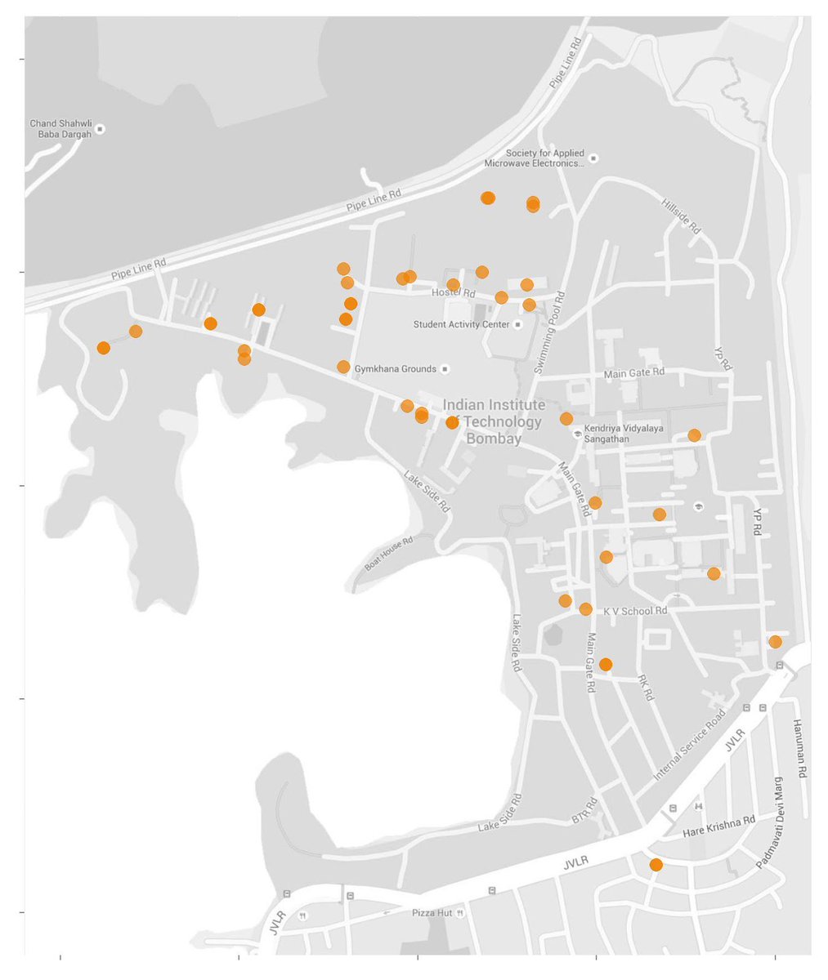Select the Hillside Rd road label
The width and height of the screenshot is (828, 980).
(682, 216)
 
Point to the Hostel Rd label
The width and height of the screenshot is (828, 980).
(454, 293)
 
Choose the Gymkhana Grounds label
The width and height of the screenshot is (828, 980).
(396, 369)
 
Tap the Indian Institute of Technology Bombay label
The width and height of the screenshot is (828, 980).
(494, 421)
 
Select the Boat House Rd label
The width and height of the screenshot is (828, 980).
(389, 553)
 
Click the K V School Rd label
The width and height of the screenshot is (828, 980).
(635, 611)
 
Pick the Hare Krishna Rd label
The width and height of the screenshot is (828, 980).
(718, 826)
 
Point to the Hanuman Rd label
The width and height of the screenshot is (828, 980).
(800, 748)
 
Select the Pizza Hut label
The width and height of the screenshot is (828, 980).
(432, 913)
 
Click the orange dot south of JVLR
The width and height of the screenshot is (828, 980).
(656, 865)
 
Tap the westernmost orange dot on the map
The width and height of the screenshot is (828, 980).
(103, 348)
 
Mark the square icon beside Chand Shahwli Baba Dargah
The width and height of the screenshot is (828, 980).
(100, 129)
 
